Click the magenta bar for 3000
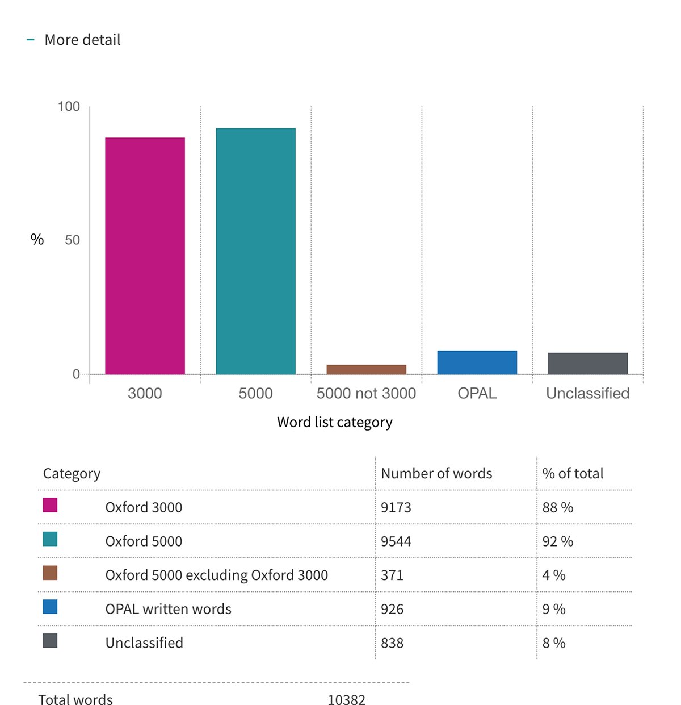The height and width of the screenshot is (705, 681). (145, 256)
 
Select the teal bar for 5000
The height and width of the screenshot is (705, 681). (255, 251)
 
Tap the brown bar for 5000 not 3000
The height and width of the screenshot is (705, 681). (366, 369)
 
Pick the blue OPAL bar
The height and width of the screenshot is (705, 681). (477, 362)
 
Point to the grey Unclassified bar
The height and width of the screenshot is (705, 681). (587, 364)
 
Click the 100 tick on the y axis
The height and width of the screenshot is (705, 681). (69, 107)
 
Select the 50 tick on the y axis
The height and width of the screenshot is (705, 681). (72, 240)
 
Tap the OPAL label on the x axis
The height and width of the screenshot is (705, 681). (477, 393)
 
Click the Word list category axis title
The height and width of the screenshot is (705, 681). (334, 422)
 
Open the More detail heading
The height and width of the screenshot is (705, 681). (82, 40)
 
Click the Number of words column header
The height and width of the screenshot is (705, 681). (436, 473)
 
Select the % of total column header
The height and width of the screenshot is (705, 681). (573, 473)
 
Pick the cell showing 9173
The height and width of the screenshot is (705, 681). (396, 507)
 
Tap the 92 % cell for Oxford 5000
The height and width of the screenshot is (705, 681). (557, 541)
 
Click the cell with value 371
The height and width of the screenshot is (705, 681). (392, 575)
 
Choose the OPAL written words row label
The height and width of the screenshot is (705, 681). (168, 609)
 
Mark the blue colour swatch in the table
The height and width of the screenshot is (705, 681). (50, 607)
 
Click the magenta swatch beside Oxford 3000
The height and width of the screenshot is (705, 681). (50, 505)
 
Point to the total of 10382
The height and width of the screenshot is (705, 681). (346, 700)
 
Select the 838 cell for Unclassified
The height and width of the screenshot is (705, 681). (392, 643)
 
